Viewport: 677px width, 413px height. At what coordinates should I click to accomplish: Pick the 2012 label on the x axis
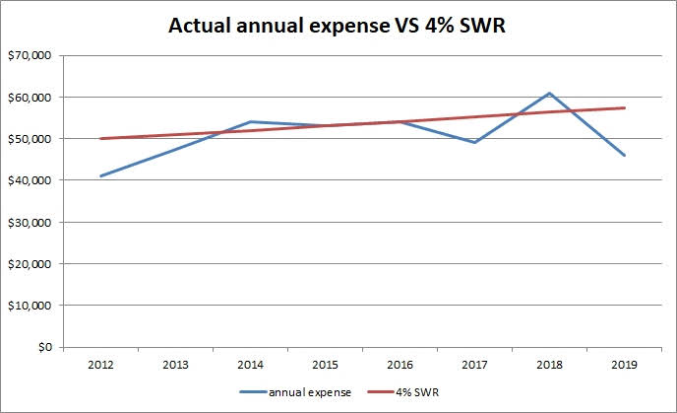click(x=100, y=364)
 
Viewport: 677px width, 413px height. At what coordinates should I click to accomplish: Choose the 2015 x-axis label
click(x=325, y=364)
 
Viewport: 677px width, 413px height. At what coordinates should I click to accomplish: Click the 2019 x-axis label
click(x=624, y=364)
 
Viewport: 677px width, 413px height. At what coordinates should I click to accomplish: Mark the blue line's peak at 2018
click(x=549, y=94)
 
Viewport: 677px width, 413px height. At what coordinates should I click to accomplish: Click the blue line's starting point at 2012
click(x=100, y=176)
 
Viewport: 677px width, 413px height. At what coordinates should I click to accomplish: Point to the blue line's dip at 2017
click(x=474, y=143)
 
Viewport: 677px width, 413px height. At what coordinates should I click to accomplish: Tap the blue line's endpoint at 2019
click(x=624, y=156)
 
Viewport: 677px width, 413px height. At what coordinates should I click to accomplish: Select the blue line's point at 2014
click(x=250, y=122)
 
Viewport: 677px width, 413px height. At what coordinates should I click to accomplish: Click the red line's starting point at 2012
click(x=100, y=139)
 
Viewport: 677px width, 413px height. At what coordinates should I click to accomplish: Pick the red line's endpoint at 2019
click(x=624, y=108)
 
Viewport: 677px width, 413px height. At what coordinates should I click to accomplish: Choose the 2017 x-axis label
click(x=474, y=364)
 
